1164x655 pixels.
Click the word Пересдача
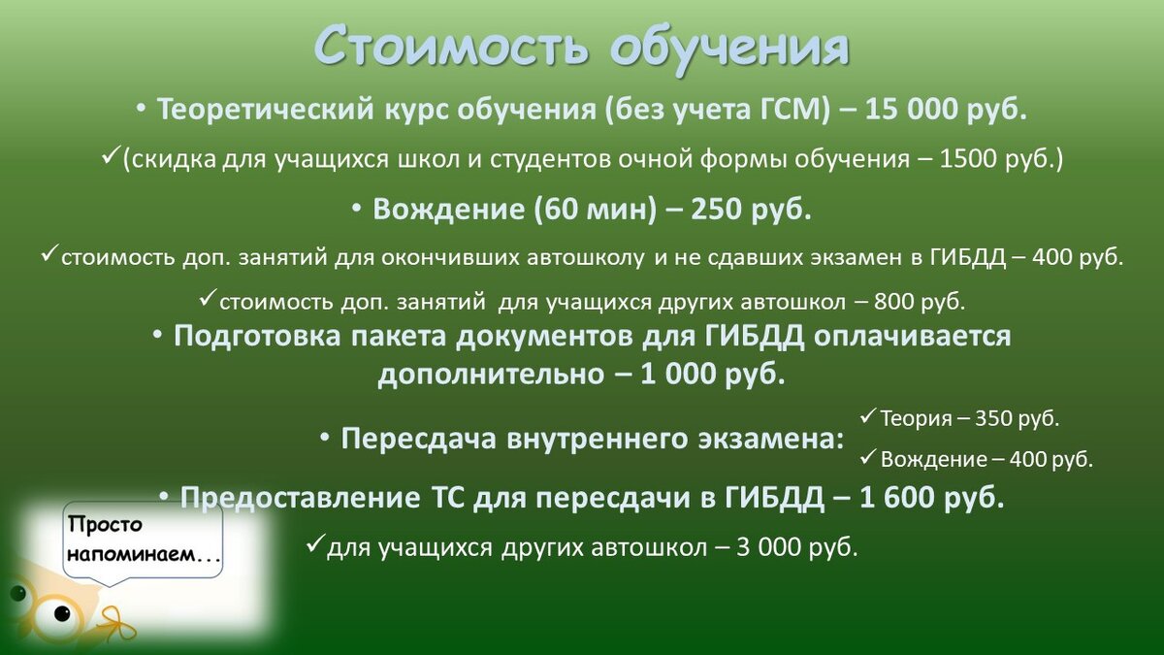click(x=417, y=439)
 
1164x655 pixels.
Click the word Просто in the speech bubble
click(x=106, y=525)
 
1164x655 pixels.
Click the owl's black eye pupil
click(x=63, y=612)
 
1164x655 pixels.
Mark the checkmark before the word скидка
click(x=110, y=156)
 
